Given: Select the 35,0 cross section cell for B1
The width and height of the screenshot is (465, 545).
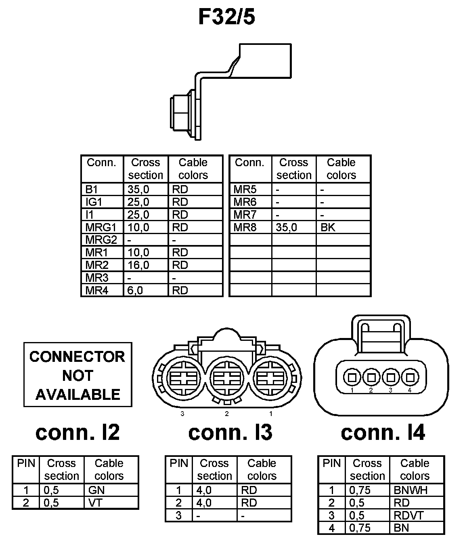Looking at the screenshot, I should [138, 189].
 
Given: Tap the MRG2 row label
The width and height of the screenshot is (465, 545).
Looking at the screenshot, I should [101, 240].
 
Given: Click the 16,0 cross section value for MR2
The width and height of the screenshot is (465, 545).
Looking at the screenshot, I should [138, 265].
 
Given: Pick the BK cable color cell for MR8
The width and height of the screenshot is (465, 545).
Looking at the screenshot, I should [328, 227].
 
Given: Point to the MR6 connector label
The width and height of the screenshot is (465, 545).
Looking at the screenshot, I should [245, 202].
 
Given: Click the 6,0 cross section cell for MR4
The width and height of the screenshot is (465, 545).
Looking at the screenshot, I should [135, 290].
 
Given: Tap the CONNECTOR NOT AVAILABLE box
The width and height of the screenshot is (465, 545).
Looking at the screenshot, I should [77, 375].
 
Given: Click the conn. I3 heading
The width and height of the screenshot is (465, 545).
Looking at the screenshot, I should [230, 432].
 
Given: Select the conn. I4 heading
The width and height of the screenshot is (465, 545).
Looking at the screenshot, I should [383, 432].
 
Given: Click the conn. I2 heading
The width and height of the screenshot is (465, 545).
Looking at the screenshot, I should [77, 432].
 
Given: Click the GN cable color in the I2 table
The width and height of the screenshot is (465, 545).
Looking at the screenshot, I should [96, 490].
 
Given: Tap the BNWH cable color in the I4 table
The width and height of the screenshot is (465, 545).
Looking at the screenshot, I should [410, 490].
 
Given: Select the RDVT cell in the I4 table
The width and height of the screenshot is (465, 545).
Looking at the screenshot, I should [408, 515].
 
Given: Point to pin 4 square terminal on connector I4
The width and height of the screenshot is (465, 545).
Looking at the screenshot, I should [410, 378].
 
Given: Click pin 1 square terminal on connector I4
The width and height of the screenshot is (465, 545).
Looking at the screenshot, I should [352, 378].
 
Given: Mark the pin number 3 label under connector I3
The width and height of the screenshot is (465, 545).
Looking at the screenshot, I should [182, 414].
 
